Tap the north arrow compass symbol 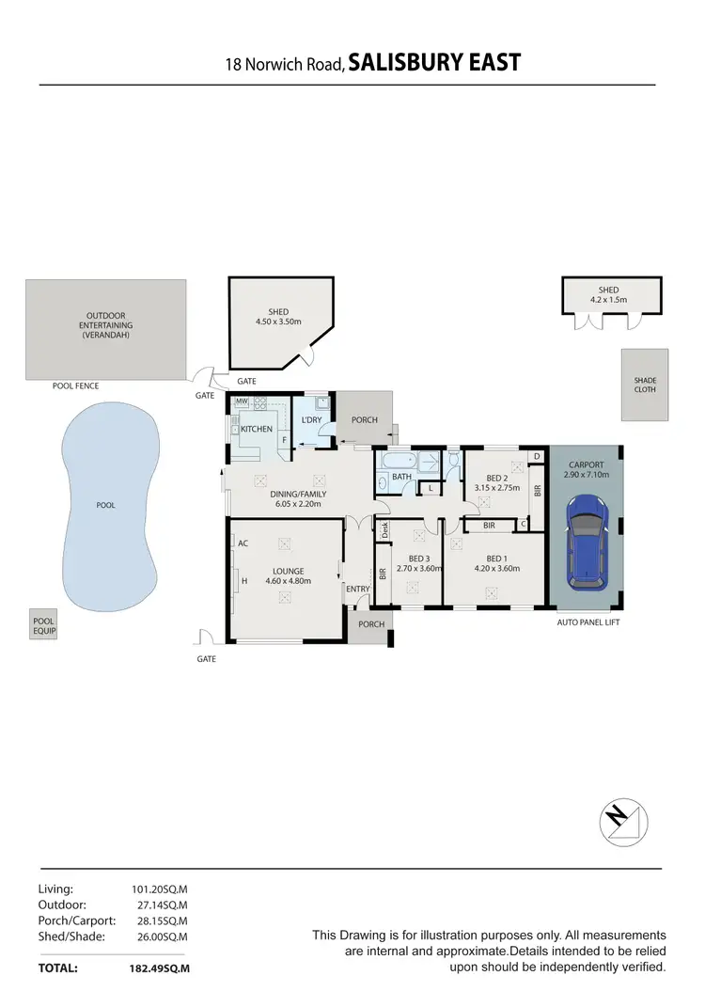pyautogui.click(x=620, y=821)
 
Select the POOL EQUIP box pyautogui.click(x=44, y=626)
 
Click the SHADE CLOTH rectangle pyautogui.click(x=645, y=385)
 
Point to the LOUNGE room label pyautogui.click(x=288, y=570)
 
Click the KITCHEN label pyautogui.click(x=256, y=430)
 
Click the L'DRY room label pyautogui.click(x=311, y=420)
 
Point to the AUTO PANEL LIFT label pyautogui.click(x=588, y=622)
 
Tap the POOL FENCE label pyautogui.click(x=76, y=385)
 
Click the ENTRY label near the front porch pyautogui.click(x=357, y=590)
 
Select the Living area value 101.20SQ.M pyautogui.click(x=161, y=888)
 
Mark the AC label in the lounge pyautogui.click(x=243, y=543)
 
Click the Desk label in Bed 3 pyautogui.click(x=384, y=530)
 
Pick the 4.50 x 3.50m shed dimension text pyautogui.click(x=278, y=322)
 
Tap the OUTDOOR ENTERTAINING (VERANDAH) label pyautogui.click(x=105, y=325)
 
